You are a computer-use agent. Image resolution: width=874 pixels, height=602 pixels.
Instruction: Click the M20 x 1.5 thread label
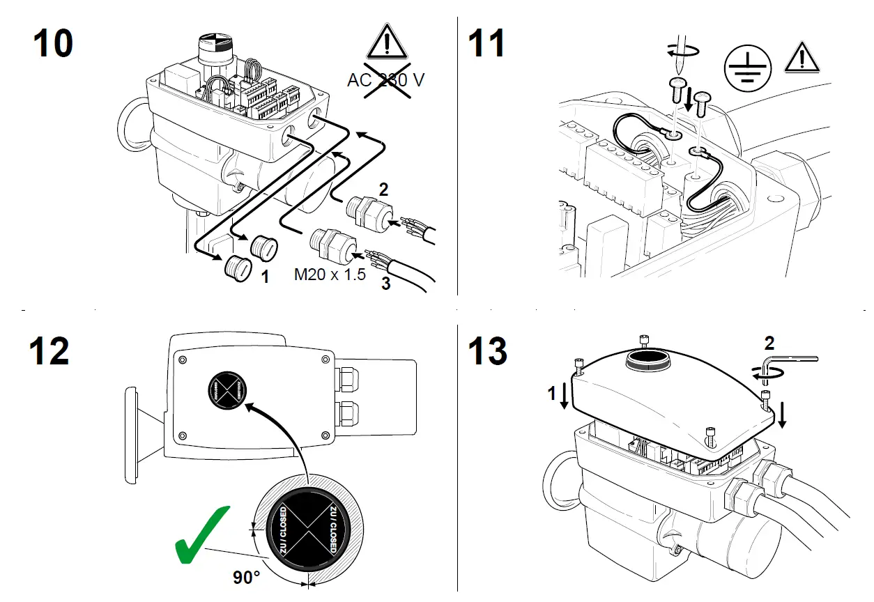point(330,274)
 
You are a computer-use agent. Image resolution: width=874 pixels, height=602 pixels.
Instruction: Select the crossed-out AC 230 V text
point(385,79)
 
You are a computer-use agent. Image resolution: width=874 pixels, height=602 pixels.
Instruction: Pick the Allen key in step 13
point(788,360)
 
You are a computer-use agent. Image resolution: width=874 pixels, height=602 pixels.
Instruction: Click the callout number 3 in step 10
point(385,284)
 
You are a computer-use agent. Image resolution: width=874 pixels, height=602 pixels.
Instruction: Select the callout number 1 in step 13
point(551,394)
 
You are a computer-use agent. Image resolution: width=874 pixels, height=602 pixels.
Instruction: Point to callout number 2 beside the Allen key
point(769,343)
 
